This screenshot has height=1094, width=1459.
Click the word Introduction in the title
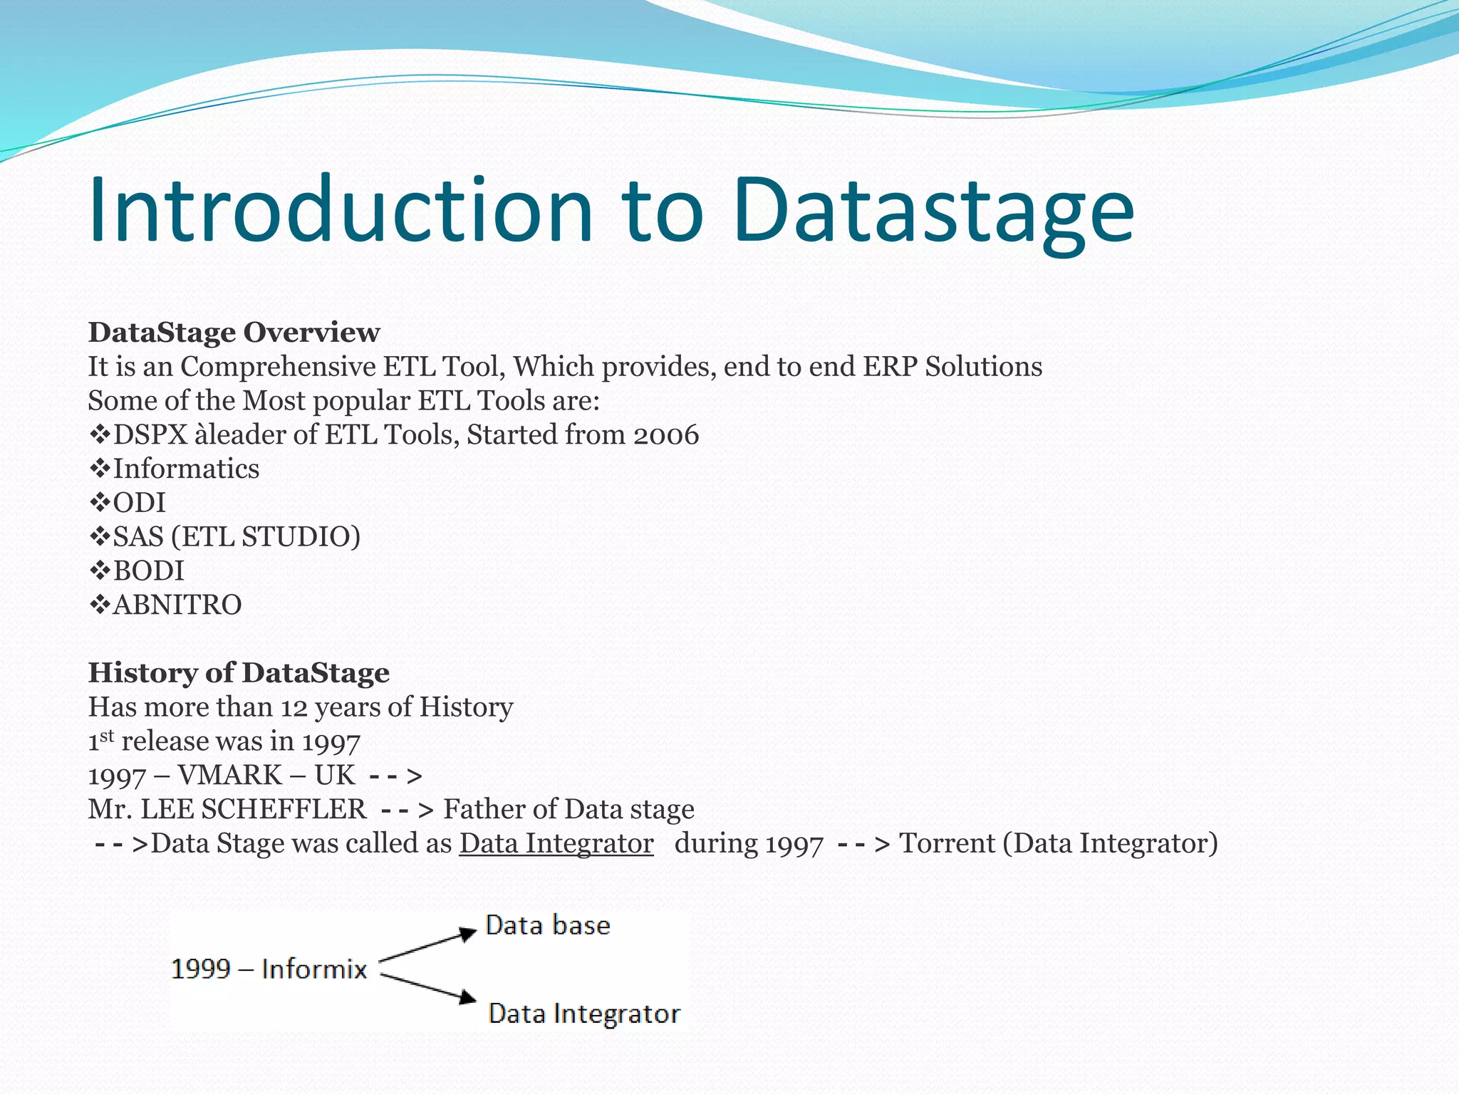[341, 211]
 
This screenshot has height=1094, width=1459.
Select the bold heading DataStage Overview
[234, 333]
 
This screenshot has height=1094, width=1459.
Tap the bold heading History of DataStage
[239, 673]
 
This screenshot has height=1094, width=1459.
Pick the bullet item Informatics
[186, 469]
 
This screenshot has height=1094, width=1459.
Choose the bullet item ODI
[139, 504]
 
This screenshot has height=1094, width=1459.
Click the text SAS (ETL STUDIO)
[237, 537]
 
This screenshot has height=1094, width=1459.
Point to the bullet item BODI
[148, 571]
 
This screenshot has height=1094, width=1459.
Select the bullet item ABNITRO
[177, 605]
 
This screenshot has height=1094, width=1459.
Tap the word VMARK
[229, 776]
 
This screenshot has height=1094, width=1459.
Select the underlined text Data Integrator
[556, 844]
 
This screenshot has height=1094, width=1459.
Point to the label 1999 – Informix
[269, 969]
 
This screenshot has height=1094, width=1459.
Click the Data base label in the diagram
[547, 926]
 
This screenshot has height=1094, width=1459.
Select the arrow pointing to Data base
[427, 945]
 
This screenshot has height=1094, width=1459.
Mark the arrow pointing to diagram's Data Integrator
[427, 988]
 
